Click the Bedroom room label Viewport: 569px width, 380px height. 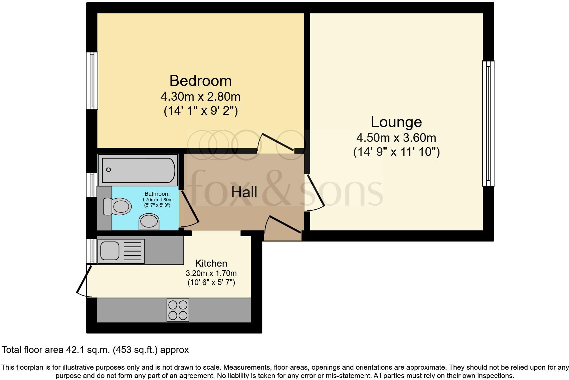[x=200, y=81]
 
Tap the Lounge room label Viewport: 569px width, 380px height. [x=396, y=122]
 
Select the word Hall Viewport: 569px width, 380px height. [x=244, y=192]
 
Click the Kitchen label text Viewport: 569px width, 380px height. [x=211, y=263]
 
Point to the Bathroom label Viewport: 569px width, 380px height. [x=157, y=194]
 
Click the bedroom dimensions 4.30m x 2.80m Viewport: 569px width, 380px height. [x=200, y=97]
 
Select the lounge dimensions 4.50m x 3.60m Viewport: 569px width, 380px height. [x=396, y=137]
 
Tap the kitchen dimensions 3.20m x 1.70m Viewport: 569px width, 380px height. [x=211, y=273]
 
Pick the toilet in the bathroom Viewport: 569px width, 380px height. [x=117, y=206]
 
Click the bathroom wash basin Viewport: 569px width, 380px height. [x=149, y=221]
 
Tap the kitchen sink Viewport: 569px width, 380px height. [x=110, y=251]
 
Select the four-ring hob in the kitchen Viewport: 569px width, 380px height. [x=178, y=310]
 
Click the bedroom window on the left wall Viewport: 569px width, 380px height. [x=92, y=81]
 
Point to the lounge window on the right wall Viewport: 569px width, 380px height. [x=488, y=123]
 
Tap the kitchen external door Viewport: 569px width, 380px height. [x=83, y=280]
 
